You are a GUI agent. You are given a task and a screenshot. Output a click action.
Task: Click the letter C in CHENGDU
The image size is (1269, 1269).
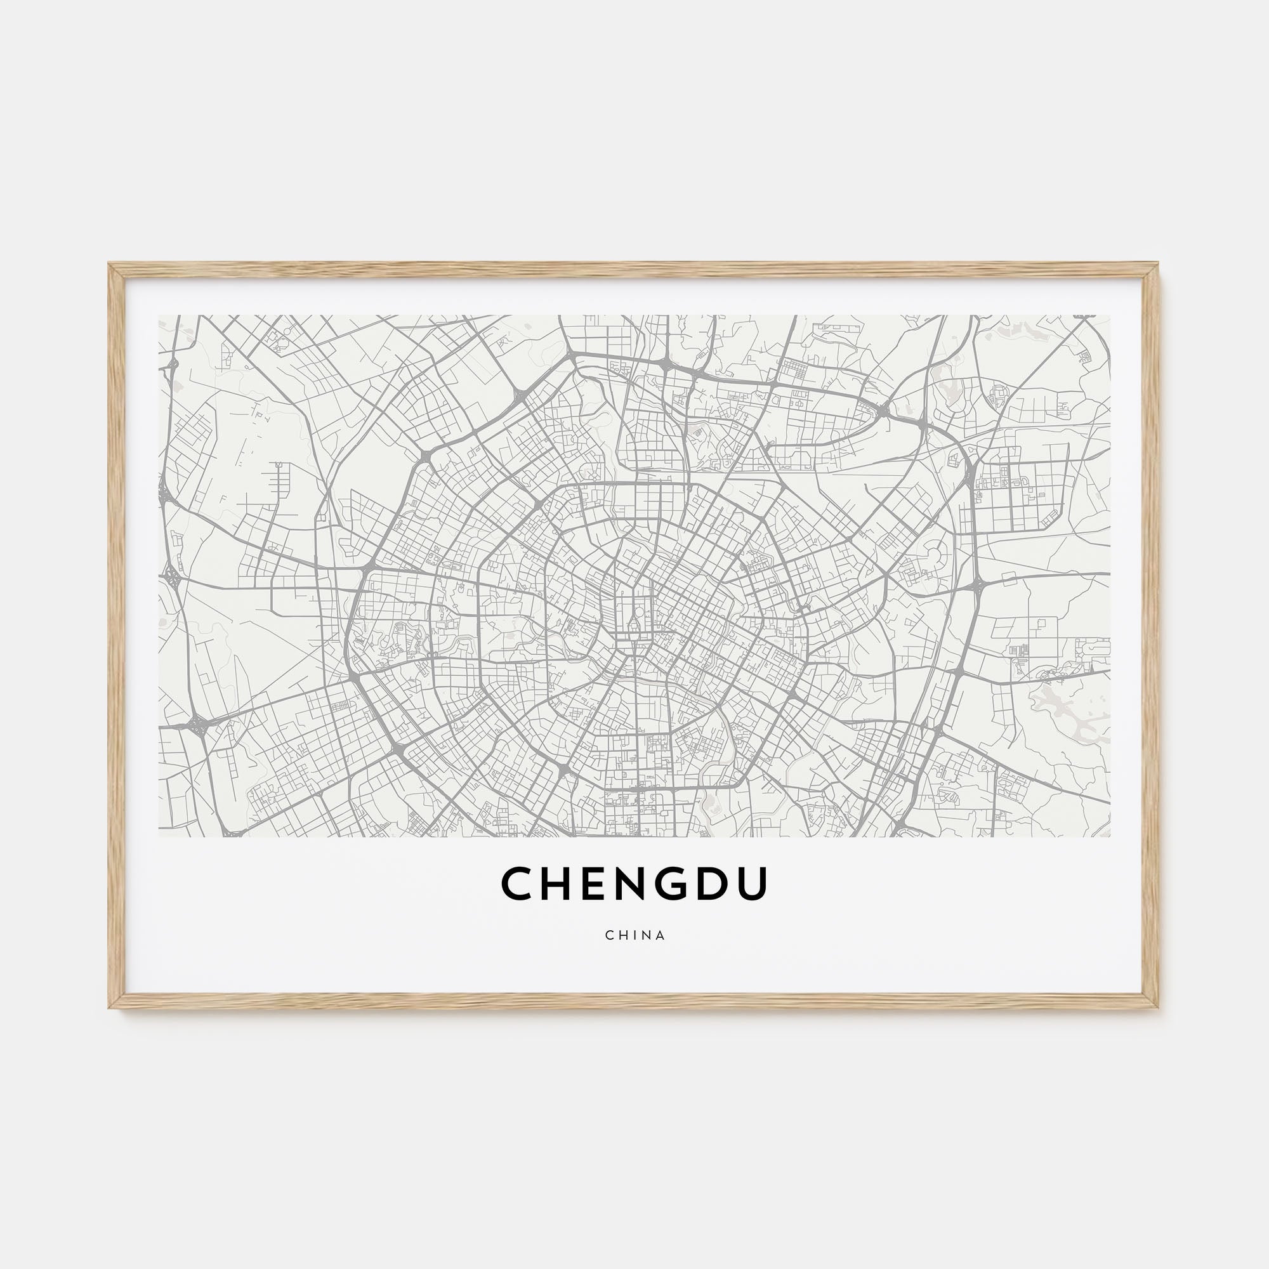coord(519,883)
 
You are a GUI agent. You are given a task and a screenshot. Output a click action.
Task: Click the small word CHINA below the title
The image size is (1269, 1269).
coord(635,935)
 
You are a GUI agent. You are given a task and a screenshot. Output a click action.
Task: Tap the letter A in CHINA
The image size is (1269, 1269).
coord(661,935)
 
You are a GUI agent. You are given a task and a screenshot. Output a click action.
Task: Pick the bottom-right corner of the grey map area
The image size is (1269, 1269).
coord(1109,836)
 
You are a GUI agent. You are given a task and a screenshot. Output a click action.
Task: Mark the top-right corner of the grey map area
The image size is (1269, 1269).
coord(1109,316)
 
